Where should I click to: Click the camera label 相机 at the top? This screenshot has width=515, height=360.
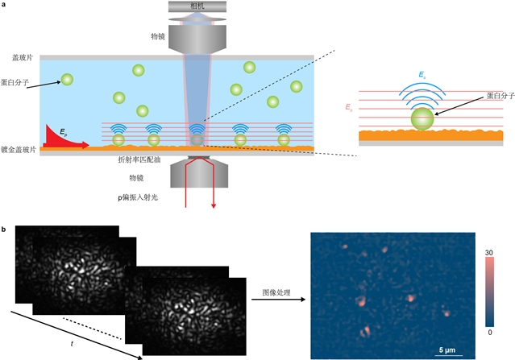(197, 6)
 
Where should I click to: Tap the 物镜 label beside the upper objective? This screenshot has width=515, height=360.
(158, 36)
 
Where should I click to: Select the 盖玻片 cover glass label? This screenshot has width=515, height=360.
(23, 58)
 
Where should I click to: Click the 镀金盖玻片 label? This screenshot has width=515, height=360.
(19, 150)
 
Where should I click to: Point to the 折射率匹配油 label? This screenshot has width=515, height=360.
(139, 159)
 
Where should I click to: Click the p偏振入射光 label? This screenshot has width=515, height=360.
(138, 197)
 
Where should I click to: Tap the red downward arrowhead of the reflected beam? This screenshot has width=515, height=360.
(214, 205)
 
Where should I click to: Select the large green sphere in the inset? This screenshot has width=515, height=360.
(422, 119)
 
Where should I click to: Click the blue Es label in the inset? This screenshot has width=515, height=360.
(422, 75)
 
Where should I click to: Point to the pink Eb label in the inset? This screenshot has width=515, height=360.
(349, 107)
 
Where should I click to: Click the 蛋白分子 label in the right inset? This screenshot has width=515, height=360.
(500, 96)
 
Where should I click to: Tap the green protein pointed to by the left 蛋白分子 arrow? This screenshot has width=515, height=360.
(67, 80)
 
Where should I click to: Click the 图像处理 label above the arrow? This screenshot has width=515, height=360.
(276, 292)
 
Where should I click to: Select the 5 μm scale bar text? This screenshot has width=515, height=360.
(447, 350)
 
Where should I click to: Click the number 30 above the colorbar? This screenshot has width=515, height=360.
(489, 253)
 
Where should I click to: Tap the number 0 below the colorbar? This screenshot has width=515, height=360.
(490, 333)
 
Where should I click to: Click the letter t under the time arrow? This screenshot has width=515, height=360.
(72, 344)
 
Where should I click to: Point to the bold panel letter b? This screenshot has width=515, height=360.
(3, 230)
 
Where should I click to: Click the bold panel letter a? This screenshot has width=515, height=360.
(3, 5)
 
